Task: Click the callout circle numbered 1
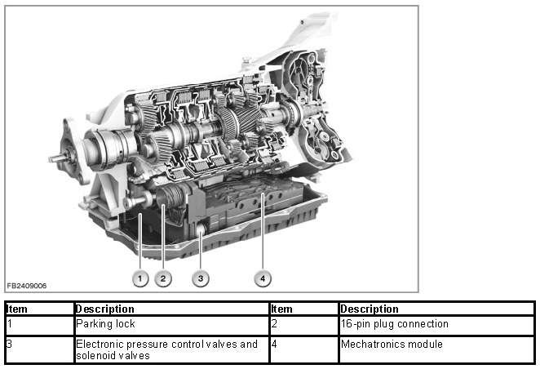coord(139,278)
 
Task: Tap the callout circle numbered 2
coord(163,278)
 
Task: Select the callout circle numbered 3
coord(201,278)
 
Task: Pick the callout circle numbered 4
coord(263,278)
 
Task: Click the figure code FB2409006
coord(27,286)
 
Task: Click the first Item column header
coord(17,309)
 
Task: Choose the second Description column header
coord(370,309)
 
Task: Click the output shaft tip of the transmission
coord(51,159)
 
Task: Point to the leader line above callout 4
coord(263,232)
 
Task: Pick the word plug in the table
coord(383,325)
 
